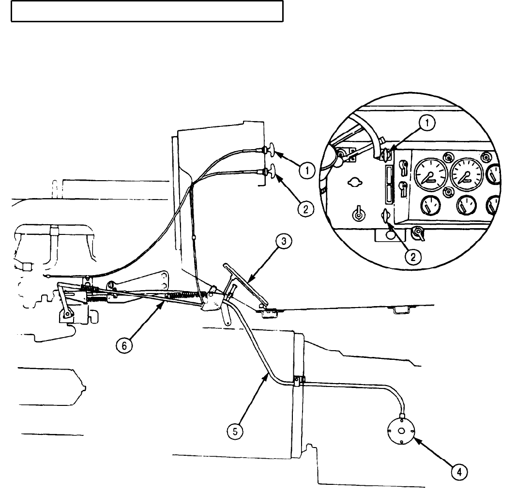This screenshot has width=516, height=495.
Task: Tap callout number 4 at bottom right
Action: [460, 471]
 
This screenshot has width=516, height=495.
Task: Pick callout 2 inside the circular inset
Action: [412, 257]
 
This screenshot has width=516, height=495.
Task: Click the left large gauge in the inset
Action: [427, 178]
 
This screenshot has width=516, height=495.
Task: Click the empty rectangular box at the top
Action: [147, 11]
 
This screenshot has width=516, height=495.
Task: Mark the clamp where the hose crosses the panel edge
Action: [299, 380]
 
